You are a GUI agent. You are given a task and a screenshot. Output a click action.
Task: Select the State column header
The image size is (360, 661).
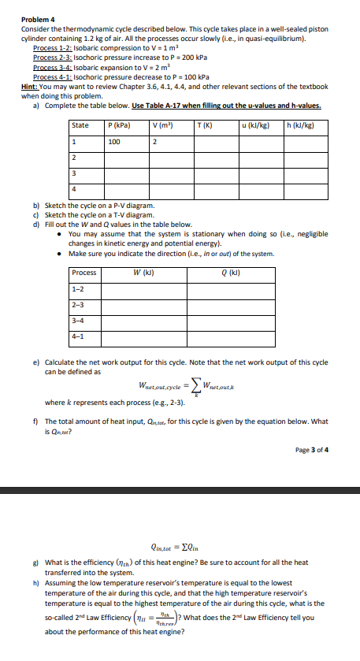coord(80,126)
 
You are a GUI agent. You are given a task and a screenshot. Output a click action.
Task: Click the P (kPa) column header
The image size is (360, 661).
coord(119,126)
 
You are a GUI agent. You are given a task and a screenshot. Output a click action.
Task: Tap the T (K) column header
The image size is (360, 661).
coord(206,126)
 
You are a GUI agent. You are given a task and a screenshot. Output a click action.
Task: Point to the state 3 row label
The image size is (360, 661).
coord(74,173)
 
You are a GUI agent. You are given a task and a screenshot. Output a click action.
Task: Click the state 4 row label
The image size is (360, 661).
coord(74,188)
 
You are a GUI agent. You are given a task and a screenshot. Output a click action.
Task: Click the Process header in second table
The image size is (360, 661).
coord(84,273)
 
